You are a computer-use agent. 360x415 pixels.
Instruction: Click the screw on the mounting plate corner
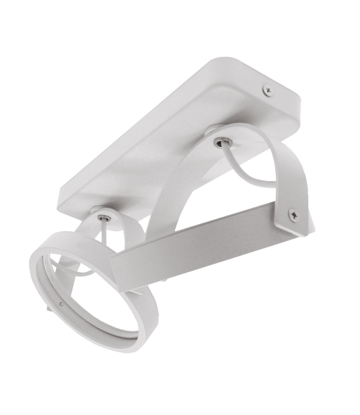268,88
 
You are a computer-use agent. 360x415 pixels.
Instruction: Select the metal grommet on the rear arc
220,143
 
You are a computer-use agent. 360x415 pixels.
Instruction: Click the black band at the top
180,14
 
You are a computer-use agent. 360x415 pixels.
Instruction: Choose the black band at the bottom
180,401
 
